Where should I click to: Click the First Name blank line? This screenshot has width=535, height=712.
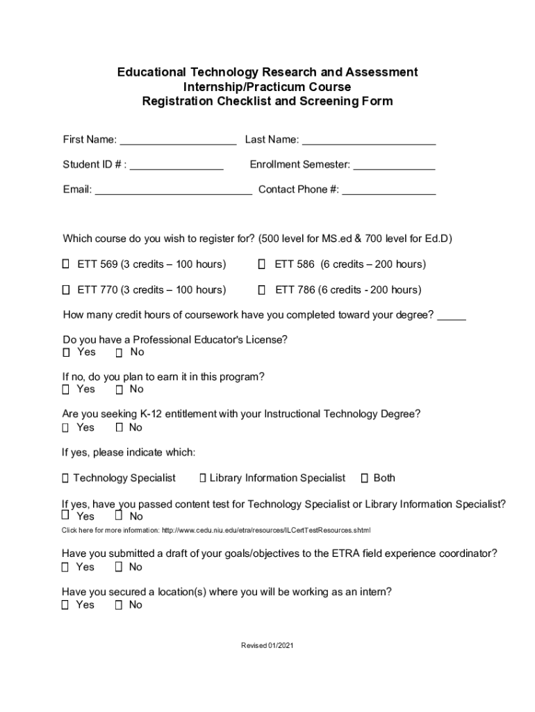coord(178,141)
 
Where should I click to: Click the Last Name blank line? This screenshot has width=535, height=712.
coord(369,141)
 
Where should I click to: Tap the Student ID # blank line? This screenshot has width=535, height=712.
coord(176,166)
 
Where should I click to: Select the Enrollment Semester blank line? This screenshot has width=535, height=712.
coord(394,166)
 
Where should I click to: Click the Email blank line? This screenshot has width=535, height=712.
coord(173,191)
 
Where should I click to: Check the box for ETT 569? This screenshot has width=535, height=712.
coord(66,264)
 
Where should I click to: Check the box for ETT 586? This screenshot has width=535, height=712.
coord(262,264)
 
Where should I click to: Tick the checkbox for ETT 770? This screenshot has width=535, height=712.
coord(66,289)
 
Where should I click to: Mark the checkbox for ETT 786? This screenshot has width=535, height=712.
coord(262,289)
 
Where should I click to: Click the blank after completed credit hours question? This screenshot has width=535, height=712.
coord(452,316)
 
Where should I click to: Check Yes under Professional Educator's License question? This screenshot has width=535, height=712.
coord(66,353)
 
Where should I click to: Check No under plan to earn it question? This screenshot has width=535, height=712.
coord(119,389)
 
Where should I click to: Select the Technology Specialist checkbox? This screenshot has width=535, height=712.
coord(65,478)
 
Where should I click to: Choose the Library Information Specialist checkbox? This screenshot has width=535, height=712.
coord(203,478)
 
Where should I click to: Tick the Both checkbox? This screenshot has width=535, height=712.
coord(365,478)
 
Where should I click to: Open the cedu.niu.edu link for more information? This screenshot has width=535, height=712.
coord(266,531)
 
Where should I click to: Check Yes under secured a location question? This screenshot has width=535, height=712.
coord(65,605)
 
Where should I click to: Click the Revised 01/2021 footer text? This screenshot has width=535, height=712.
coord(267,646)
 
